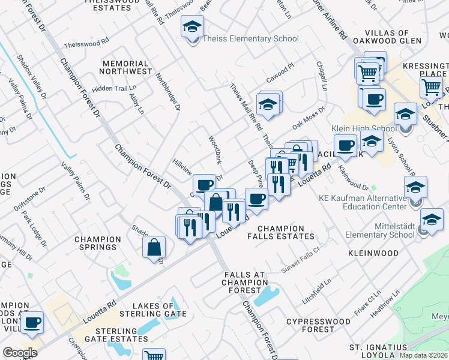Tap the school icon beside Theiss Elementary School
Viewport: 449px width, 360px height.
pyautogui.click(x=193, y=28)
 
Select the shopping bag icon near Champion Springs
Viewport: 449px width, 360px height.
pyautogui.click(x=154, y=245)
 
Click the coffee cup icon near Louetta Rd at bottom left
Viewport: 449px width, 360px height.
pyautogui.click(x=32, y=323)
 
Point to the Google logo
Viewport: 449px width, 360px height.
pyautogui.click(x=19, y=353)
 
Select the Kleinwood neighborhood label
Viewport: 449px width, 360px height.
pyautogui.click(x=372, y=253)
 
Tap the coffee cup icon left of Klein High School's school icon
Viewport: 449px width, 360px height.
pyautogui.click(x=346, y=145)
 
